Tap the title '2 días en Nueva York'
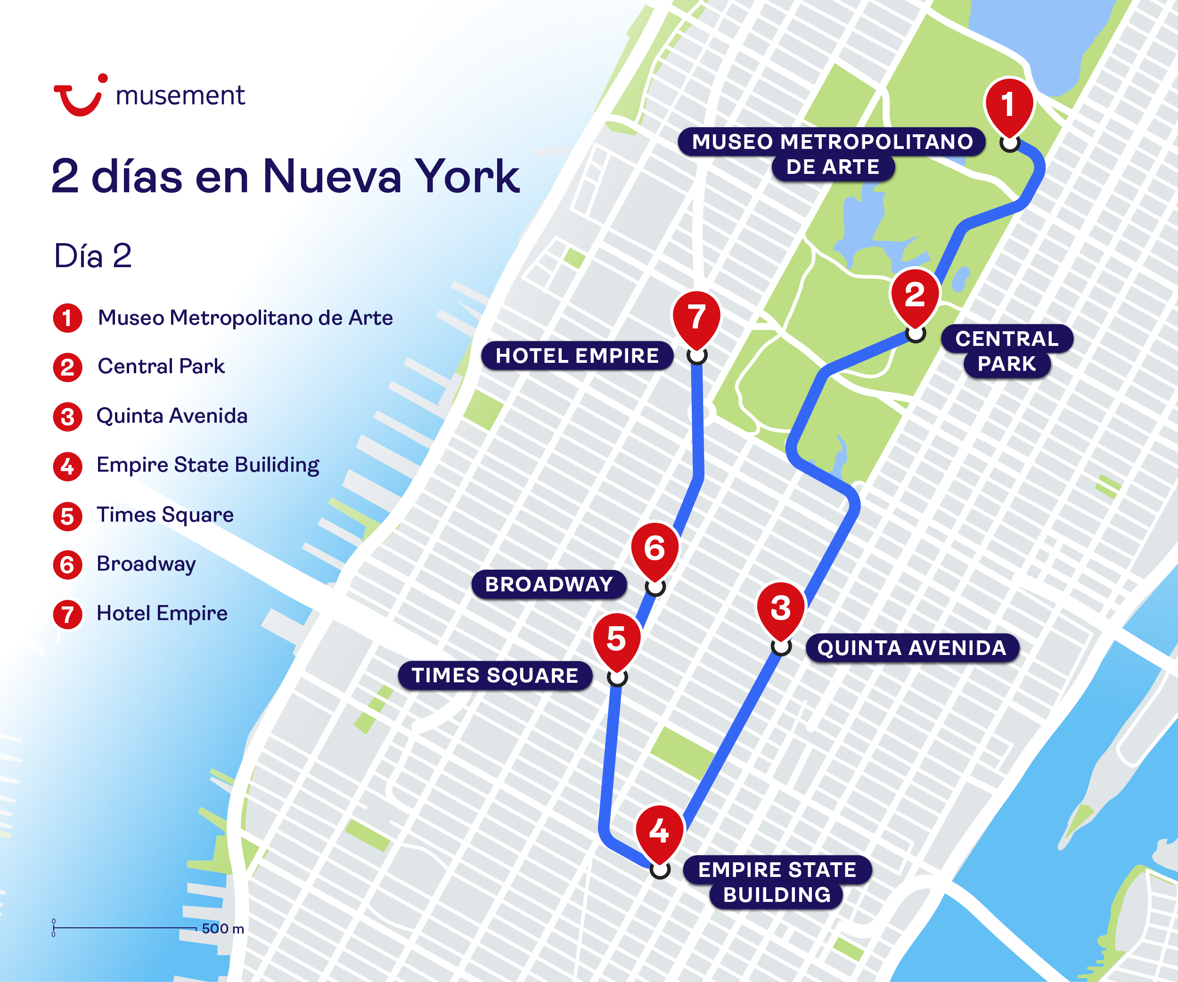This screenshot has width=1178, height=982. [285, 177]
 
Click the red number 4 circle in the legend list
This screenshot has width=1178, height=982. [67, 466]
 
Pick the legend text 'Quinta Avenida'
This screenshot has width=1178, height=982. [172, 416]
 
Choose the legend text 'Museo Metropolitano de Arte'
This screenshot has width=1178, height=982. [245, 318]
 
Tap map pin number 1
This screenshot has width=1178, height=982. [1008, 106]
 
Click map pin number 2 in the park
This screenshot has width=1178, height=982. [914, 296]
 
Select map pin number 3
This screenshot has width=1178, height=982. [780, 610]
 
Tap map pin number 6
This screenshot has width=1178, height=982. [654, 549]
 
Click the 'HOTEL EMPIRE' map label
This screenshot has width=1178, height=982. [577, 356]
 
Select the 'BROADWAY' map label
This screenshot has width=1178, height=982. [548, 585]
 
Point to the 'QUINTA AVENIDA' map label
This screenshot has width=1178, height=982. [912, 648]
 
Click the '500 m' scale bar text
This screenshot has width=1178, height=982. [223, 929]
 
